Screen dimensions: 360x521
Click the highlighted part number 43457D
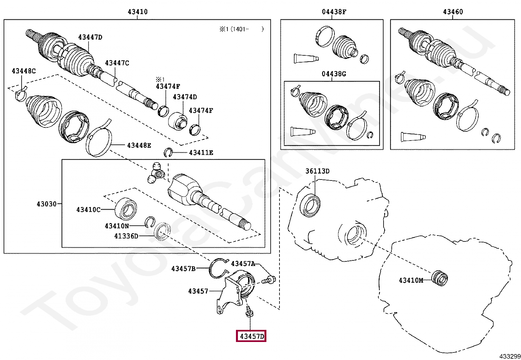(x=251, y=336)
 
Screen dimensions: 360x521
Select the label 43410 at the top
(x=137, y=12)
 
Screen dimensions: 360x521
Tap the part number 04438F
(x=334, y=12)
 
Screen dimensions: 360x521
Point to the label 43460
(x=453, y=12)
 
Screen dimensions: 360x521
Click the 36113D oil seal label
(x=317, y=171)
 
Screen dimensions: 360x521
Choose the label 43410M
(x=411, y=280)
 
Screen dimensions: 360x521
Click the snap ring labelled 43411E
(x=168, y=152)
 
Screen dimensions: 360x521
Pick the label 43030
(x=46, y=204)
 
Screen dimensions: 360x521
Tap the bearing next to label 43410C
(x=126, y=208)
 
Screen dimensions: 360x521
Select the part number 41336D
(x=126, y=236)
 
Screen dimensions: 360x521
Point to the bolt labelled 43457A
(x=269, y=280)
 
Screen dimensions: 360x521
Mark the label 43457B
(x=183, y=269)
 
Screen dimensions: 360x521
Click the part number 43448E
(x=139, y=145)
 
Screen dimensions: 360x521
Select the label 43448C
(x=24, y=71)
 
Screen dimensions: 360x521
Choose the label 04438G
(x=333, y=74)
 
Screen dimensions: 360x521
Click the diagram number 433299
(x=510, y=356)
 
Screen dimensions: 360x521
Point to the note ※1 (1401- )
(x=241, y=29)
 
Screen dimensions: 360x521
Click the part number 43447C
(x=117, y=63)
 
